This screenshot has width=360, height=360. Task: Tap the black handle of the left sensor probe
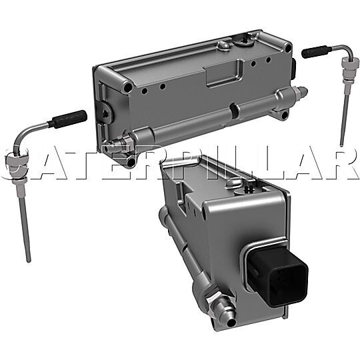[67, 118]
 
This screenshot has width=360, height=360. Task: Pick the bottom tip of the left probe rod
[29, 261]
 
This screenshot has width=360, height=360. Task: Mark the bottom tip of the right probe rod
[341, 144]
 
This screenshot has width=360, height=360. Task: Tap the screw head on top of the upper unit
[245, 43]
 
